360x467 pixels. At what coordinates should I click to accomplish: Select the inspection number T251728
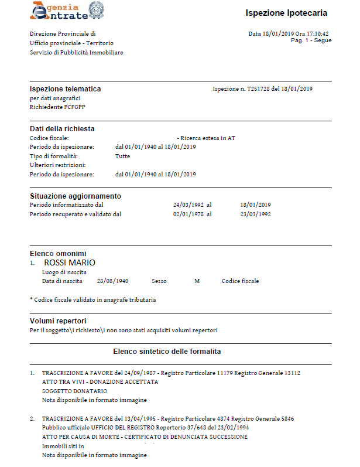[262, 89]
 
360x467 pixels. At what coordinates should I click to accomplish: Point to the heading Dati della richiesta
[62, 129]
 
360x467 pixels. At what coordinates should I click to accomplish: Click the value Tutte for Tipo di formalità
[122, 156]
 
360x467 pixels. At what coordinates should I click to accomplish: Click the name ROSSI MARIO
[70, 263]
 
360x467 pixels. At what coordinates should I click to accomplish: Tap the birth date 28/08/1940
[112, 281]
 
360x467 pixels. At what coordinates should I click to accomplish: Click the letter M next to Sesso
[197, 281]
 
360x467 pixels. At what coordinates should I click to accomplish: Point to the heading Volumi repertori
[58, 321]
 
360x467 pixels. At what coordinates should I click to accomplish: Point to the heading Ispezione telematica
[65, 89]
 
